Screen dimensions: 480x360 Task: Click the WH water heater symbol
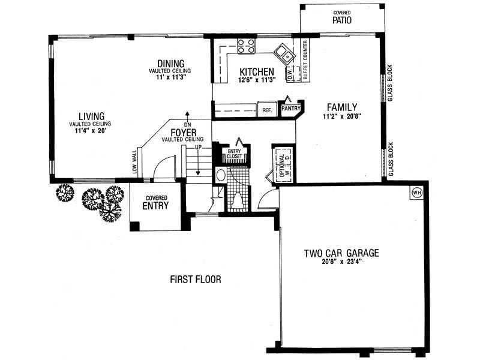tap(416, 193)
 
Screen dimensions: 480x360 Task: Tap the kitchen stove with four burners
tap(246, 46)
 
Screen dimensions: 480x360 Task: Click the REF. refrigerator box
tap(267, 110)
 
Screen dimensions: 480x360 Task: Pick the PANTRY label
tap(291, 109)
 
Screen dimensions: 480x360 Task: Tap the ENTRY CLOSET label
tap(235, 154)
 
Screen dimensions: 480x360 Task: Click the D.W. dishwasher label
tap(289, 75)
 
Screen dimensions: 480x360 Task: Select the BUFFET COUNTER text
tap(305, 60)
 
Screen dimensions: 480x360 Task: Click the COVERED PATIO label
tap(342, 18)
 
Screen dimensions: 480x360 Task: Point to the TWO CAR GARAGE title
tap(341, 253)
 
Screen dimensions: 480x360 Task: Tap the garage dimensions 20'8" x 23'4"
tap(341, 262)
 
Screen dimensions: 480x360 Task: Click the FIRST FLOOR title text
tap(196, 280)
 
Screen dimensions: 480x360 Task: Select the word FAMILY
tap(342, 107)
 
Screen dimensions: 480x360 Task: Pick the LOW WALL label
tap(134, 161)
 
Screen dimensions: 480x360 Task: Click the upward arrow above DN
tap(187, 116)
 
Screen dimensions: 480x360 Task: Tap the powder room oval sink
tap(220, 175)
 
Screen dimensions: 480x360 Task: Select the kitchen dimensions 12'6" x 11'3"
tap(257, 80)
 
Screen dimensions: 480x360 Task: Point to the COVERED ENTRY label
tap(156, 203)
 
